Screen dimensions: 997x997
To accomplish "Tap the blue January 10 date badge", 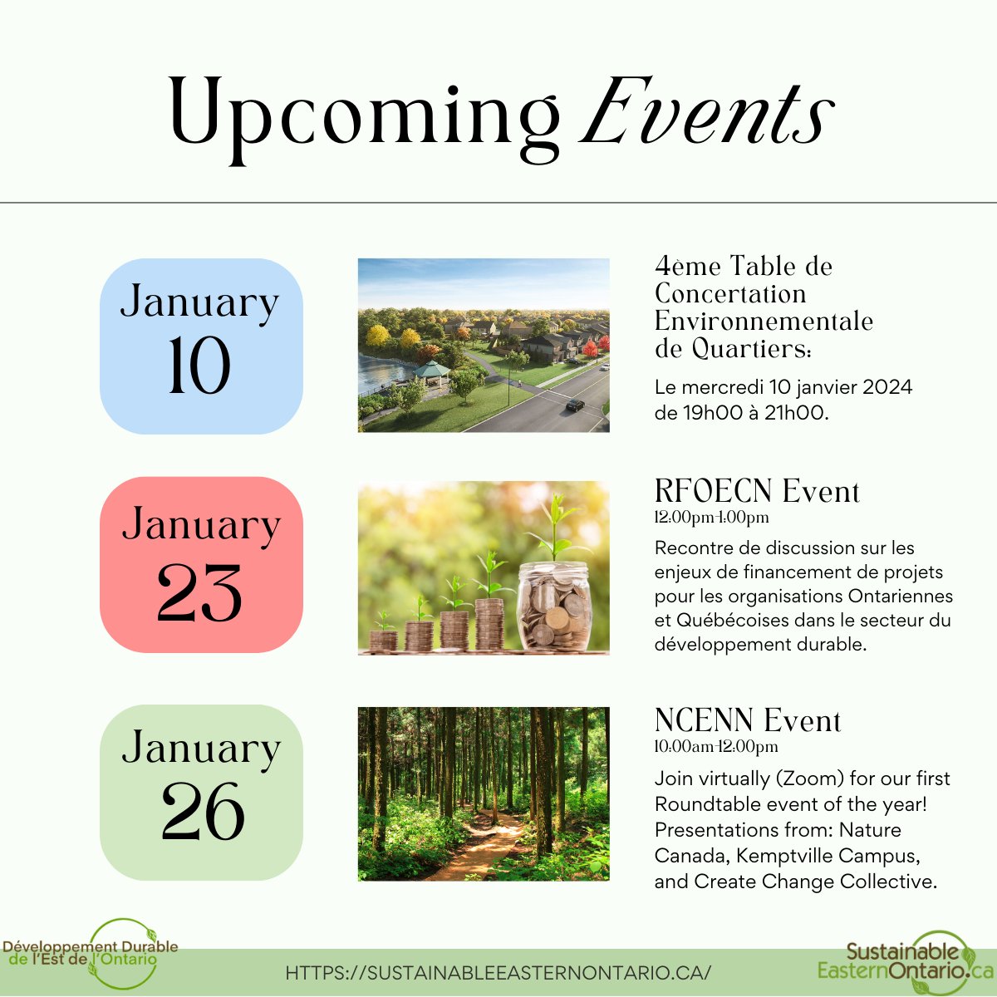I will click(201, 346).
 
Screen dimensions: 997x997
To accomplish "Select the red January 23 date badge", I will click(201, 565).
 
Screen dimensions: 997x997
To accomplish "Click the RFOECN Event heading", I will click(757, 491).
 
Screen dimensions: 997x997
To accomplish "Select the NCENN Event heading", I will click(748, 720).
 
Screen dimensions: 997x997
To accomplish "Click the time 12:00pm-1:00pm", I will click(712, 518).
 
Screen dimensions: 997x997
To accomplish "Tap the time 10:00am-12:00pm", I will click(716, 747).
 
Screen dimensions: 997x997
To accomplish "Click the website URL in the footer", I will click(498, 973).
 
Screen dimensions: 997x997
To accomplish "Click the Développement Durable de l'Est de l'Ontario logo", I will click(91, 953).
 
